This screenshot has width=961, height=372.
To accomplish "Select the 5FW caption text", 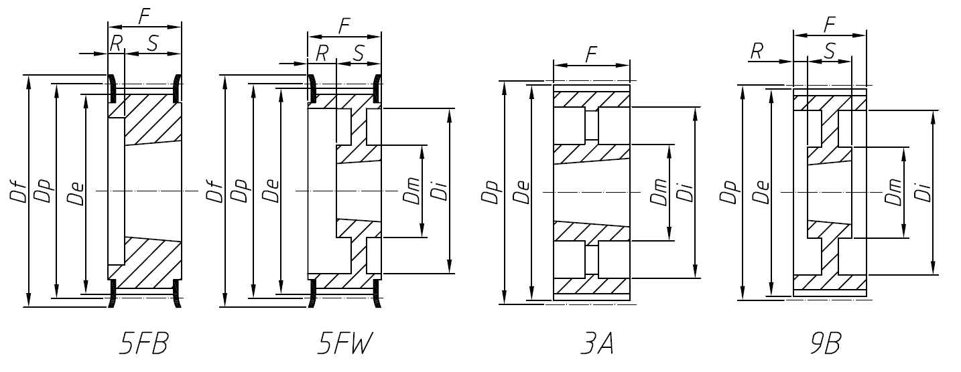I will pyautogui.click(x=343, y=345).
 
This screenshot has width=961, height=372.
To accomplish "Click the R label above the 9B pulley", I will pyautogui.click(x=757, y=51).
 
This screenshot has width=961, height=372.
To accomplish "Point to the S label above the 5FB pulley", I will pyautogui.click(x=152, y=43).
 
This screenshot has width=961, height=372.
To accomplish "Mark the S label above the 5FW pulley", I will pyautogui.click(x=358, y=53).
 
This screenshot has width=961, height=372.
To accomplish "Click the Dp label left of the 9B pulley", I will pyautogui.click(x=728, y=191).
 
